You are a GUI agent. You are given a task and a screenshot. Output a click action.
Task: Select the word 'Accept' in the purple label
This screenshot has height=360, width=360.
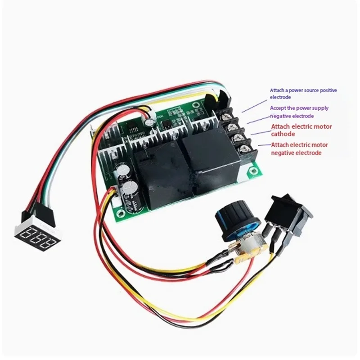pyautogui.click(x=278, y=108)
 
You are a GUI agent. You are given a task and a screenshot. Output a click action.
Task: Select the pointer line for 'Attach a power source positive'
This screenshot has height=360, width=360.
pyautogui.click(x=254, y=106)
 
